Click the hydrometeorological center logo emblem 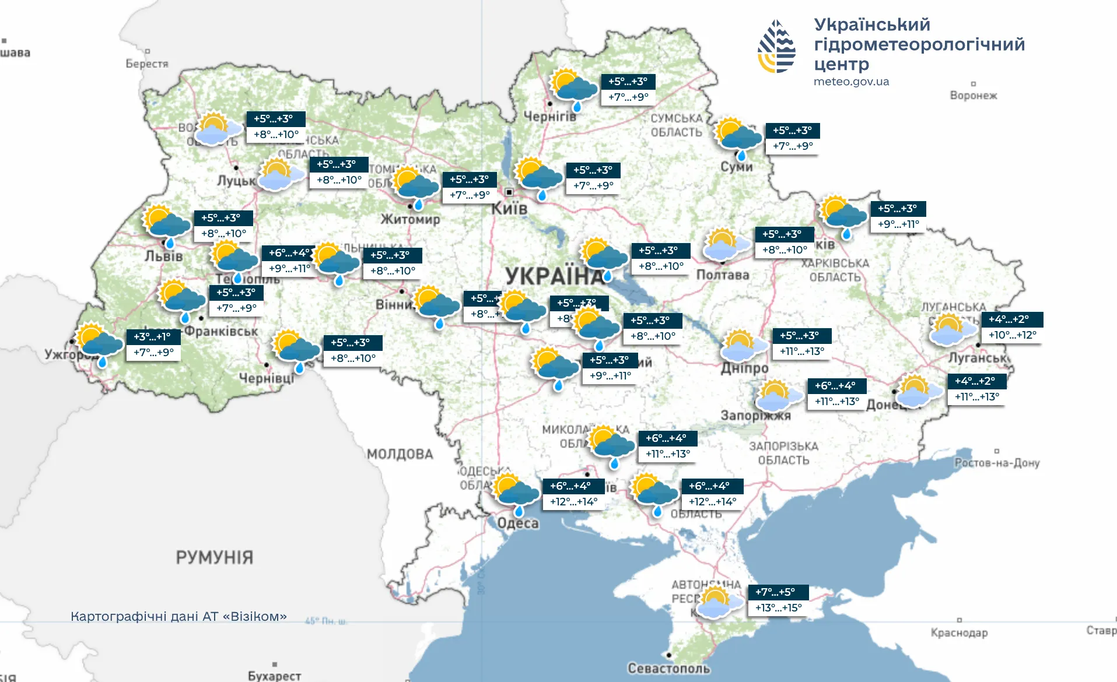pyautogui.click(x=776, y=47)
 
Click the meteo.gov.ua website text pyautogui.click(x=851, y=82)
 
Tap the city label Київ pyautogui.click(x=509, y=208)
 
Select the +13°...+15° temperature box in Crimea pyautogui.click(x=778, y=608)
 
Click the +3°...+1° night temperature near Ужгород pyautogui.click(x=152, y=337)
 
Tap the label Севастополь pyautogui.click(x=668, y=669)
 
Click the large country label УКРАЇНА pyautogui.click(x=554, y=276)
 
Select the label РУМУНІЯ pyautogui.click(x=215, y=557)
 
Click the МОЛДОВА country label pyautogui.click(x=400, y=454)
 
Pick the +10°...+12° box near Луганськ pyautogui.click(x=1012, y=335)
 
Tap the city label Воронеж pyautogui.click(x=974, y=96)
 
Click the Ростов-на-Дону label pyautogui.click(x=997, y=463)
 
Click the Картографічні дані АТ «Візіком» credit pyautogui.click(x=178, y=617)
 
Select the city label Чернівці pyautogui.click(x=267, y=378)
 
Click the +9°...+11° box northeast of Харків pyautogui.click(x=898, y=224)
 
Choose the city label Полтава pyautogui.click(x=722, y=275)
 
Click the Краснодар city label pyautogui.click(x=959, y=633)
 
